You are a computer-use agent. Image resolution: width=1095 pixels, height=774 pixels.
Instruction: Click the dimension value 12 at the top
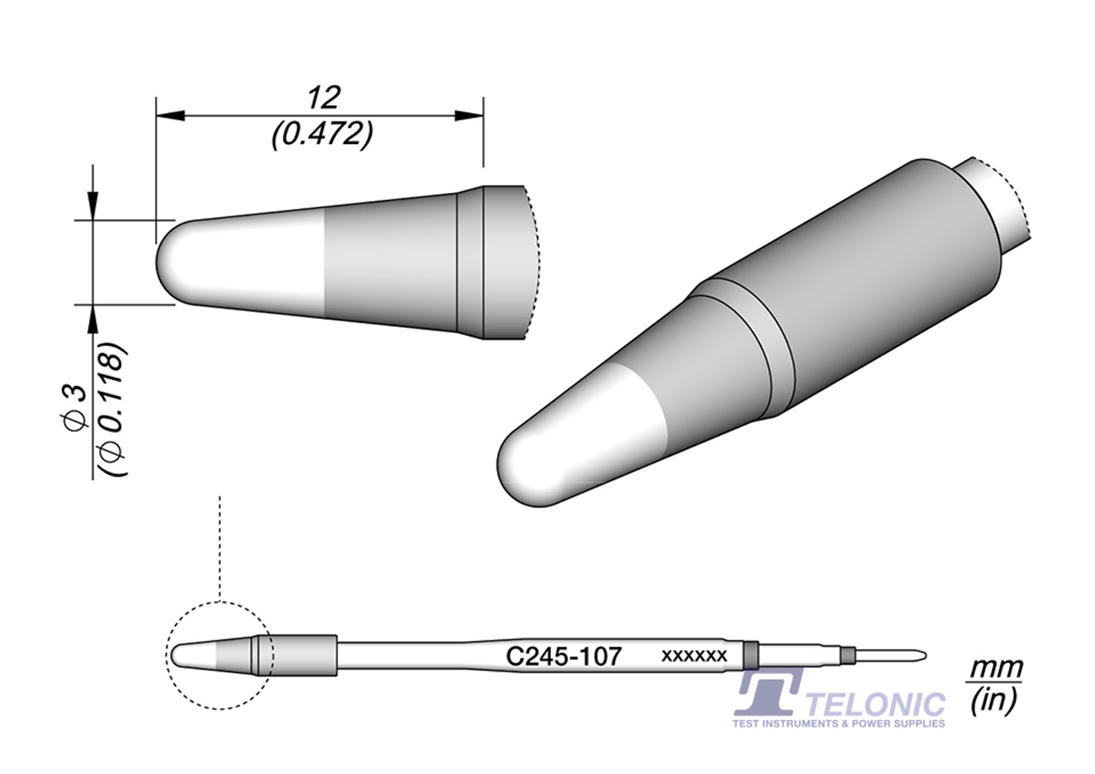pyautogui.click(x=323, y=97)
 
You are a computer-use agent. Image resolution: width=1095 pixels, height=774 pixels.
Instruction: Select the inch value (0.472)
pyautogui.click(x=322, y=134)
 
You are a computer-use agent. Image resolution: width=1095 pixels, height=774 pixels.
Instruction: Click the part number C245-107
pyautogui.click(x=564, y=656)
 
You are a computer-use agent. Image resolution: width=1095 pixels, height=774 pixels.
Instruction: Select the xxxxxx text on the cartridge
pyautogui.click(x=693, y=656)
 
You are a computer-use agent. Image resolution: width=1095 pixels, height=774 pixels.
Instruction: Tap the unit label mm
pyautogui.click(x=996, y=668)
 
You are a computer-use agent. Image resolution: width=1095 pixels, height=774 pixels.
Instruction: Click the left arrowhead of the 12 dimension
pyautogui.click(x=169, y=115)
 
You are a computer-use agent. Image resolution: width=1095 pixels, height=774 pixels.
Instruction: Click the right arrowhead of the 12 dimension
pyautogui.click(x=470, y=115)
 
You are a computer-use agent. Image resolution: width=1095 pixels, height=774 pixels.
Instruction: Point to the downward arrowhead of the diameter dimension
pyautogui.click(x=92, y=205)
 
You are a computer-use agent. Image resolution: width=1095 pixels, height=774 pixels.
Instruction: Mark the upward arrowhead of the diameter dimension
pyautogui.click(x=92, y=318)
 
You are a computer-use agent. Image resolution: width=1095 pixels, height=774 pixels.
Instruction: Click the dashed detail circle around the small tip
pyautogui.click(x=219, y=602)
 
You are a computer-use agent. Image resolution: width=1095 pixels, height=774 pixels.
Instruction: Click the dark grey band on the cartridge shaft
pyautogui.click(x=750, y=654)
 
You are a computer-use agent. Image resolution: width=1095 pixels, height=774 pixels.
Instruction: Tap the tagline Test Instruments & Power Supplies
pyautogui.click(x=839, y=724)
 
